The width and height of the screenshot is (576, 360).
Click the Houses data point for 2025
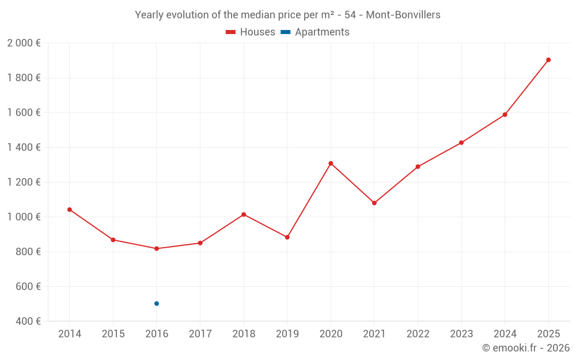tap(548, 60)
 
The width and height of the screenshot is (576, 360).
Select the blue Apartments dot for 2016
tap(157, 304)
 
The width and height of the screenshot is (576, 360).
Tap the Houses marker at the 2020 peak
tap(331, 164)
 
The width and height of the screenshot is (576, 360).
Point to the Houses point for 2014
tap(70, 210)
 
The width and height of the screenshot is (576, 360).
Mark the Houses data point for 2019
tap(287, 237)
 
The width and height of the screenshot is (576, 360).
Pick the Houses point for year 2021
tap(374, 203)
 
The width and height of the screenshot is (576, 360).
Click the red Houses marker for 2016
tap(157, 249)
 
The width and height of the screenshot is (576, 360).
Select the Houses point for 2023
tap(461, 143)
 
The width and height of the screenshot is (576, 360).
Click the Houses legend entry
tap(251, 32)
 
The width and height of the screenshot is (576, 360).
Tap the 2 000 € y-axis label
tap(24, 43)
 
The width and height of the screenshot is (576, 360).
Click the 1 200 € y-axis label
tap(24, 182)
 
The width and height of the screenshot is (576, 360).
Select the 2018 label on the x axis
tap(244, 334)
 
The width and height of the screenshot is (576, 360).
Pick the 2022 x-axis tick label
tap(418, 334)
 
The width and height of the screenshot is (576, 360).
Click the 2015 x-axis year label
tap(113, 334)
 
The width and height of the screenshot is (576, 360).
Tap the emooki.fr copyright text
tap(526, 348)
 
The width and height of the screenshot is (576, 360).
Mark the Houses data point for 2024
tap(505, 115)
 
